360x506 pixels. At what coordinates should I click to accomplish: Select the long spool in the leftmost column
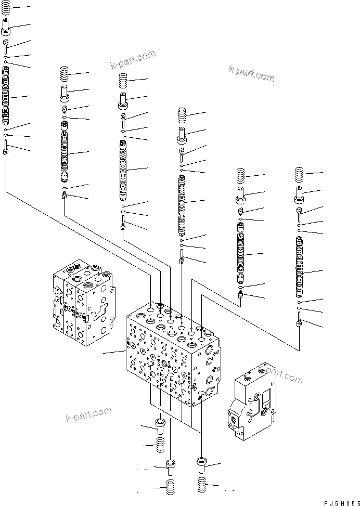[x=6, y=101]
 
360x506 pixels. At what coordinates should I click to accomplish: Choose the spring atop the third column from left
[x=123, y=80]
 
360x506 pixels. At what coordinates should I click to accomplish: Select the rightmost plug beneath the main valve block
[x=202, y=463]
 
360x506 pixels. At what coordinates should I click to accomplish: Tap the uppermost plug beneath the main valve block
[x=160, y=425]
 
